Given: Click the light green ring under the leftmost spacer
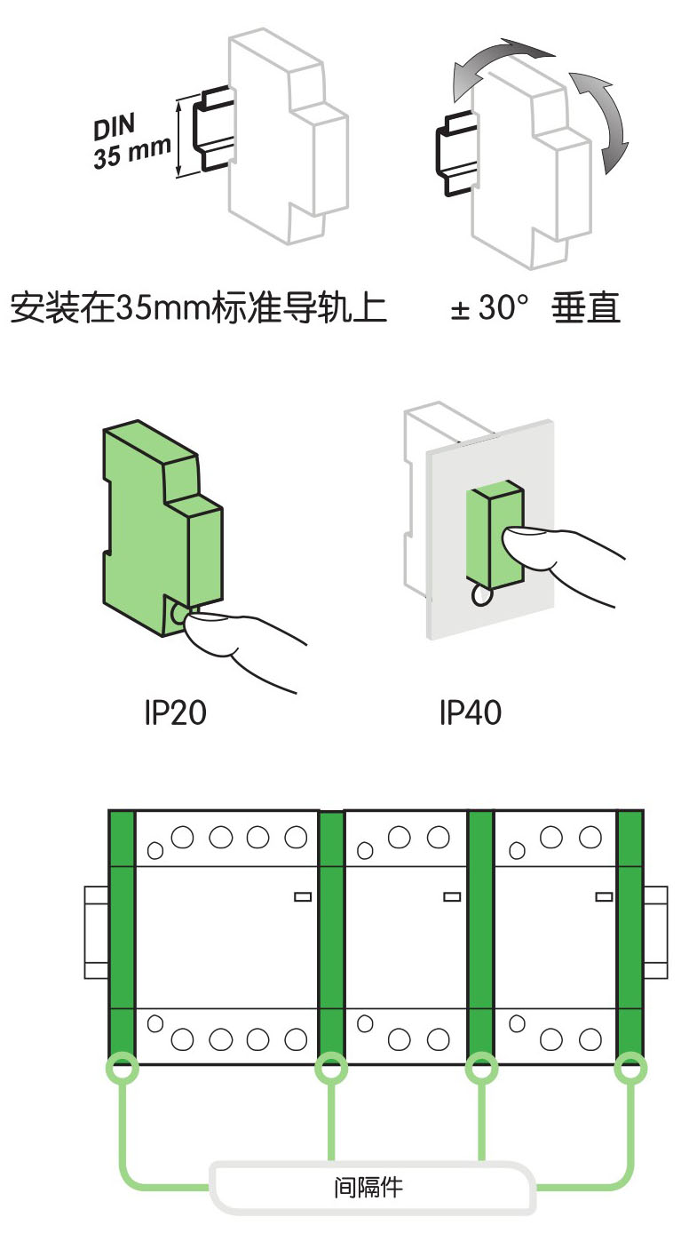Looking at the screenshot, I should point(122,1069).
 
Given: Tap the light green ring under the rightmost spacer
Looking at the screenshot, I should point(630,1069).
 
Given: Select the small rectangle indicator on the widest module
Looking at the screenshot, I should point(303,897).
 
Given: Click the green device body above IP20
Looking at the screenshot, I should point(146,515).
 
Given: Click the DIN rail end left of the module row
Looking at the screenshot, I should point(96,932).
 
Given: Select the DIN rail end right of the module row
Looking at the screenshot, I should point(655,932).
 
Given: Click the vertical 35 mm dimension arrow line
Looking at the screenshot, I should point(180,138).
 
